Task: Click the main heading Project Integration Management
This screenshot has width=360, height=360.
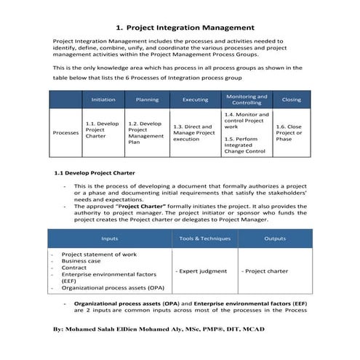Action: click(180, 28)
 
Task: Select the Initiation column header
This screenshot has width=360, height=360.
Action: click(103, 100)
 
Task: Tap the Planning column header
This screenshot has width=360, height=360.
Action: click(147, 100)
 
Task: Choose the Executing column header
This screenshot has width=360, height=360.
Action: click(195, 100)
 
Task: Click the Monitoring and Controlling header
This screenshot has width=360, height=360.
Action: click(246, 100)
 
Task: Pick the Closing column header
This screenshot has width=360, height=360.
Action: click(291, 100)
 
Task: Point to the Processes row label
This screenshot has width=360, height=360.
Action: click(66, 133)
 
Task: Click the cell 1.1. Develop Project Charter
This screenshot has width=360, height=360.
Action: click(103, 129)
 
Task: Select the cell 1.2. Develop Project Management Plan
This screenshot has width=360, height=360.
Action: click(146, 133)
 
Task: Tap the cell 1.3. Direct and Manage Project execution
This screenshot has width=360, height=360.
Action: click(195, 132)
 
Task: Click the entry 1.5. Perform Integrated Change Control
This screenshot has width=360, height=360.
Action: click(244, 145)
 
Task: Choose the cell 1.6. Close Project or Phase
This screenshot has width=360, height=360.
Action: click(289, 132)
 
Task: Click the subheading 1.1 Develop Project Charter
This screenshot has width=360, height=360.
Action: click(95, 173)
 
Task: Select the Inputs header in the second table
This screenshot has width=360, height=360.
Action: click(110, 238)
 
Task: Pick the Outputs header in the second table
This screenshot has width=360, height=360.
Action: click(275, 238)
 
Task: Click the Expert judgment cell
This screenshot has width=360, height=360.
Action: click(200, 271)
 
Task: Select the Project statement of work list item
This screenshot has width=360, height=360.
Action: click(98, 254)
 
